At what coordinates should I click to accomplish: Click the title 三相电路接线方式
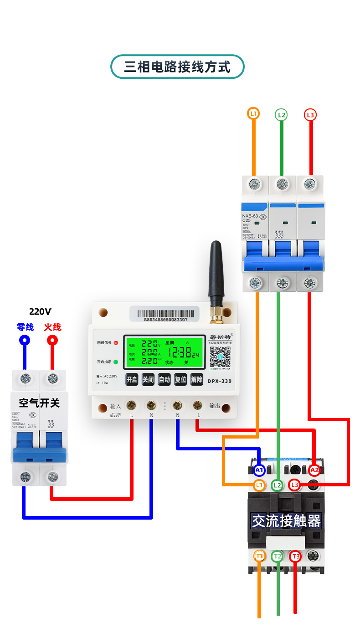click(177, 67)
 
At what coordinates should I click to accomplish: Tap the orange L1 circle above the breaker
click(253, 113)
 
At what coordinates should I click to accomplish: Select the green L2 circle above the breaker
click(282, 115)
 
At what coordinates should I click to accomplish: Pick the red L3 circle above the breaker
click(310, 115)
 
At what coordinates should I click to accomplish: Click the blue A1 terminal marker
click(259, 470)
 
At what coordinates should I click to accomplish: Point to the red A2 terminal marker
click(314, 470)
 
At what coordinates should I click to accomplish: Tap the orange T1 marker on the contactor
click(260, 556)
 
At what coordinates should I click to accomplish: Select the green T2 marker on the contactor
click(278, 556)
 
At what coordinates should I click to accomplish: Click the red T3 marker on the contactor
click(296, 556)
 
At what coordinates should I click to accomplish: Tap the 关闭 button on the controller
click(148, 379)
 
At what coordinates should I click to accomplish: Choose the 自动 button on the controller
click(164, 379)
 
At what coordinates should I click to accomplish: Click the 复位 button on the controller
click(180, 379)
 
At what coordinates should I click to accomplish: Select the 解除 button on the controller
click(196, 379)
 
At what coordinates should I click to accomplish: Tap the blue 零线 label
click(25, 327)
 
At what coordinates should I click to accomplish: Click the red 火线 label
click(52, 327)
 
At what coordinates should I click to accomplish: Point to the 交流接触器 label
click(287, 521)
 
